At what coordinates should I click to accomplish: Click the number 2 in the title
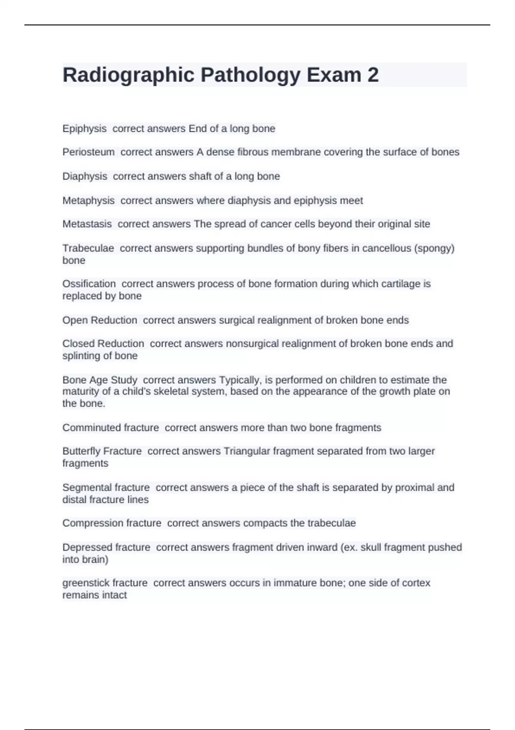tap(373, 75)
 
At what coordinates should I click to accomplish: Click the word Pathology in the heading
tap(251, 75)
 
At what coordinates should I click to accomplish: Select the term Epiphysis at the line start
tap(85, 128)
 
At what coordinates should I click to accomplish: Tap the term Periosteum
tap(88, 152)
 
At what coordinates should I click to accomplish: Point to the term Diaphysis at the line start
tap(85, 176)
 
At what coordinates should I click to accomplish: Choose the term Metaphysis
tap(88, 201)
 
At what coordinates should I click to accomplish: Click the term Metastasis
tap(87, 224)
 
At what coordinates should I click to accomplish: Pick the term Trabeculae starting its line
tap(88, 248)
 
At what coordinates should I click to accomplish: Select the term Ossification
tap(89, 284)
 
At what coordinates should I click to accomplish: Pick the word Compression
tap(88, 523)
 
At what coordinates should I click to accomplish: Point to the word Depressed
tap(83, 547)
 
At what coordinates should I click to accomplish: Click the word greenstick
tap(83, 583)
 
